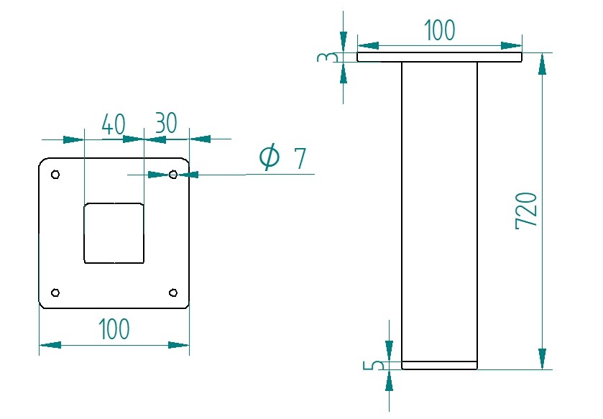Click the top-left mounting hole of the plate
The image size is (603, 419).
tap(55, 175)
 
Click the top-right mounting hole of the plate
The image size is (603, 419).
tap(172, 174)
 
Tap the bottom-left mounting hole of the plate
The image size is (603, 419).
tap(55, 292)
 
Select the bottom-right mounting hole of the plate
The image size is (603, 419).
tap(172, 292)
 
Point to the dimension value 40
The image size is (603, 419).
tap(114, 124)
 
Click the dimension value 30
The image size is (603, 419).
tap(166, 123)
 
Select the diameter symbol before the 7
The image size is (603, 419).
tap(269, 156)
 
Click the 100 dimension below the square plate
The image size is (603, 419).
tap(114, 329)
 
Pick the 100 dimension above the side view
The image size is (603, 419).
tap(439, 31)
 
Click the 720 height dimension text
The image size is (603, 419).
tap(527, 211)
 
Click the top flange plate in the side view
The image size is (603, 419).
tap(439, 57)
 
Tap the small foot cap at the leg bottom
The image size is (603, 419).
tap(439, 365)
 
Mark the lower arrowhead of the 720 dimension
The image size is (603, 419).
tap(542, 359)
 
